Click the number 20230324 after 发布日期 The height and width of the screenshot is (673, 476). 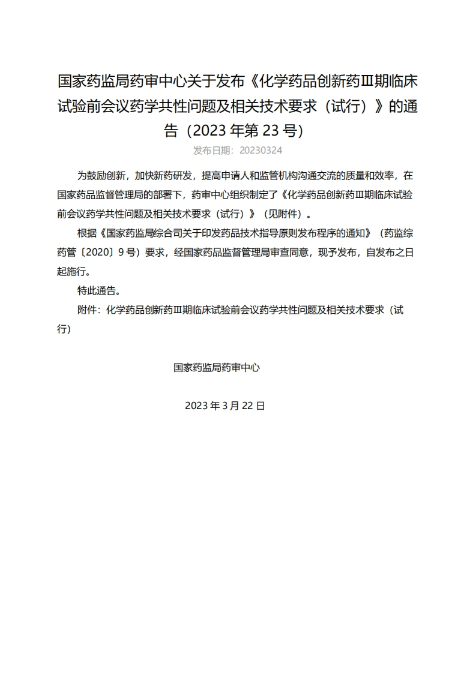(x=261, y=150)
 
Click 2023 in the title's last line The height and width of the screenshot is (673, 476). (x=209, y=131)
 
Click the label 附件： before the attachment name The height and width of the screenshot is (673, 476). (x=90, y=310)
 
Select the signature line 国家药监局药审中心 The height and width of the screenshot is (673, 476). (x=216, y=367)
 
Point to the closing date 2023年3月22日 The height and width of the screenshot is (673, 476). (x=225, y=405)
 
